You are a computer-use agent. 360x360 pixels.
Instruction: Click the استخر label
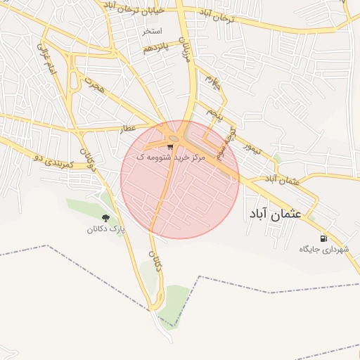pos(152,32)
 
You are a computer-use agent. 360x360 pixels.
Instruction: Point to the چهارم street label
pos(212,83)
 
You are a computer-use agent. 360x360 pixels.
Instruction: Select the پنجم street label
pos(214,111)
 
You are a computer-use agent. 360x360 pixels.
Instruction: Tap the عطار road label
pos(127,128)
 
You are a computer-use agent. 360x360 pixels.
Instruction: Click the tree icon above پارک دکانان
pos(105,219)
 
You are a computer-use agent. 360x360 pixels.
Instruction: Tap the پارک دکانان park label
pos(105,229)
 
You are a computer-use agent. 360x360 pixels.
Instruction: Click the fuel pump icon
pos(323,238)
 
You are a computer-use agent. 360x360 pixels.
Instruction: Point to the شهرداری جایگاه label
pos(324,249)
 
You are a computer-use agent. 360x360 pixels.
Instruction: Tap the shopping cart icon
pos(171,147)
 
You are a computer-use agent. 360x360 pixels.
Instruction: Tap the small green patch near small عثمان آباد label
pos(276,159)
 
